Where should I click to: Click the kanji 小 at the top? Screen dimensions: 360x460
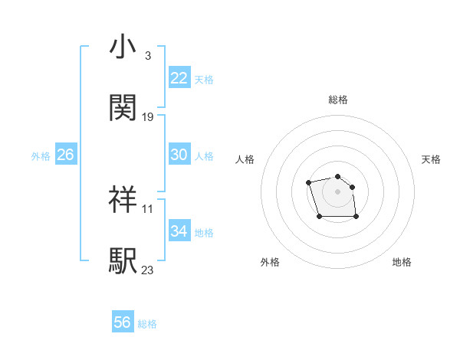123,48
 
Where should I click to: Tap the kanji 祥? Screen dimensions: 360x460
123,199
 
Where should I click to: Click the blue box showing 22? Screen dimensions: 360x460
179,78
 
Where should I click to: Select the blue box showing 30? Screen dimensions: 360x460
179,155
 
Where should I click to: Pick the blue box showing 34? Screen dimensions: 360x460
179,231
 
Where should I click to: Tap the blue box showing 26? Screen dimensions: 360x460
65,155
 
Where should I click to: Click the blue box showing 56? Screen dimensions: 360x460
122,322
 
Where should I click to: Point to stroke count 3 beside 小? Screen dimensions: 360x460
147,57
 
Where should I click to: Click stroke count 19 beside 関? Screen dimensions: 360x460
148,117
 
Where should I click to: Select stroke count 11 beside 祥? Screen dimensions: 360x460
148,208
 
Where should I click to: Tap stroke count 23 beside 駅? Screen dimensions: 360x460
148,270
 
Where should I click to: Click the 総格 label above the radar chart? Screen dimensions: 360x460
338,100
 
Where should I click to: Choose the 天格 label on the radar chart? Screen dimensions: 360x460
431,159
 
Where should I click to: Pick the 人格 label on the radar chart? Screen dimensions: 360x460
245,159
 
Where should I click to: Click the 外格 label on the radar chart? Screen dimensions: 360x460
270,262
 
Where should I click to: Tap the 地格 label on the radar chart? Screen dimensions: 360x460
402,262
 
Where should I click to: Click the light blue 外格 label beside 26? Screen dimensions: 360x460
41,155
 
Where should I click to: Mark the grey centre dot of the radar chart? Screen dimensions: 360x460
338,191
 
